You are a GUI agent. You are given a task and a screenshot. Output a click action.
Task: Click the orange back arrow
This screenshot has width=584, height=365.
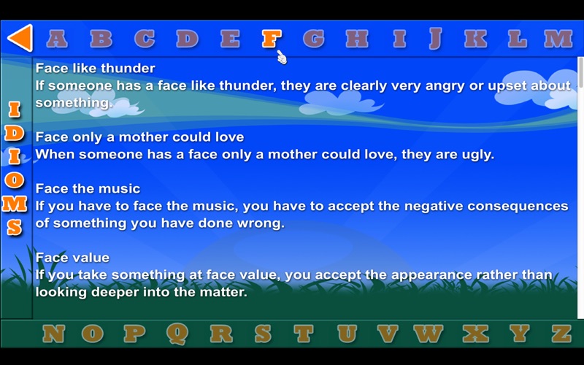tap(20, 38)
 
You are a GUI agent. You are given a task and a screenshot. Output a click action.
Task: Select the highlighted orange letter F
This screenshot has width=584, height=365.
tap(272, 39)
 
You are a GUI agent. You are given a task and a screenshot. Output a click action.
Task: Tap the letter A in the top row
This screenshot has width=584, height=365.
tap(57, 39)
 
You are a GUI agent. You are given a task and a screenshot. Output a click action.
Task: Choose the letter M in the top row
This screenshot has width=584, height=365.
tap(558, 39)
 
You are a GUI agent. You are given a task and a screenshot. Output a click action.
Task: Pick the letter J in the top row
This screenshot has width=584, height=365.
tap(435, 39)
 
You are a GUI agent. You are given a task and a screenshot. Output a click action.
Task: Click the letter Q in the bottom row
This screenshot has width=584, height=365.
tap(177, 334)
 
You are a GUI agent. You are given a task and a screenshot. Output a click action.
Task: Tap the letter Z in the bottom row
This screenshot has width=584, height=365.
tap(561, 334)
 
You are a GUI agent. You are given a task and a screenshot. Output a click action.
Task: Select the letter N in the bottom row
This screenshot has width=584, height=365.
tap(53, 334)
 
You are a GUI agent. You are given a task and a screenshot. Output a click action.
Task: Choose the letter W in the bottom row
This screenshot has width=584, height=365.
tap(428, 334)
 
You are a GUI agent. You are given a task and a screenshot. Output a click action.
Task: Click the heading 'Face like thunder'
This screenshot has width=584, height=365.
tap(96, 68)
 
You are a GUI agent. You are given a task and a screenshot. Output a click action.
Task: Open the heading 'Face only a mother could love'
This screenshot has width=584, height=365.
tap(139, 137)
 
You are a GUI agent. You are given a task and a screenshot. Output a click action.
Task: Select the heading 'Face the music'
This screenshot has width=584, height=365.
tap(88, 188)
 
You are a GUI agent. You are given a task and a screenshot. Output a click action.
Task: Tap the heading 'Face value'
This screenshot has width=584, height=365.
tap(72, 258)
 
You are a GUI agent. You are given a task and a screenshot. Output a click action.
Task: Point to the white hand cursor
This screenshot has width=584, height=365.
tap(282, 58)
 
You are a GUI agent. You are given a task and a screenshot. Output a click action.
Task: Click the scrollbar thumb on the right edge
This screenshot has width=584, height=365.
tap(580, 72)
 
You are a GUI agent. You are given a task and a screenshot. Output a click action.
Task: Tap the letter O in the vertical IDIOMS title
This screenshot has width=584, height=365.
tap(14, 180)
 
